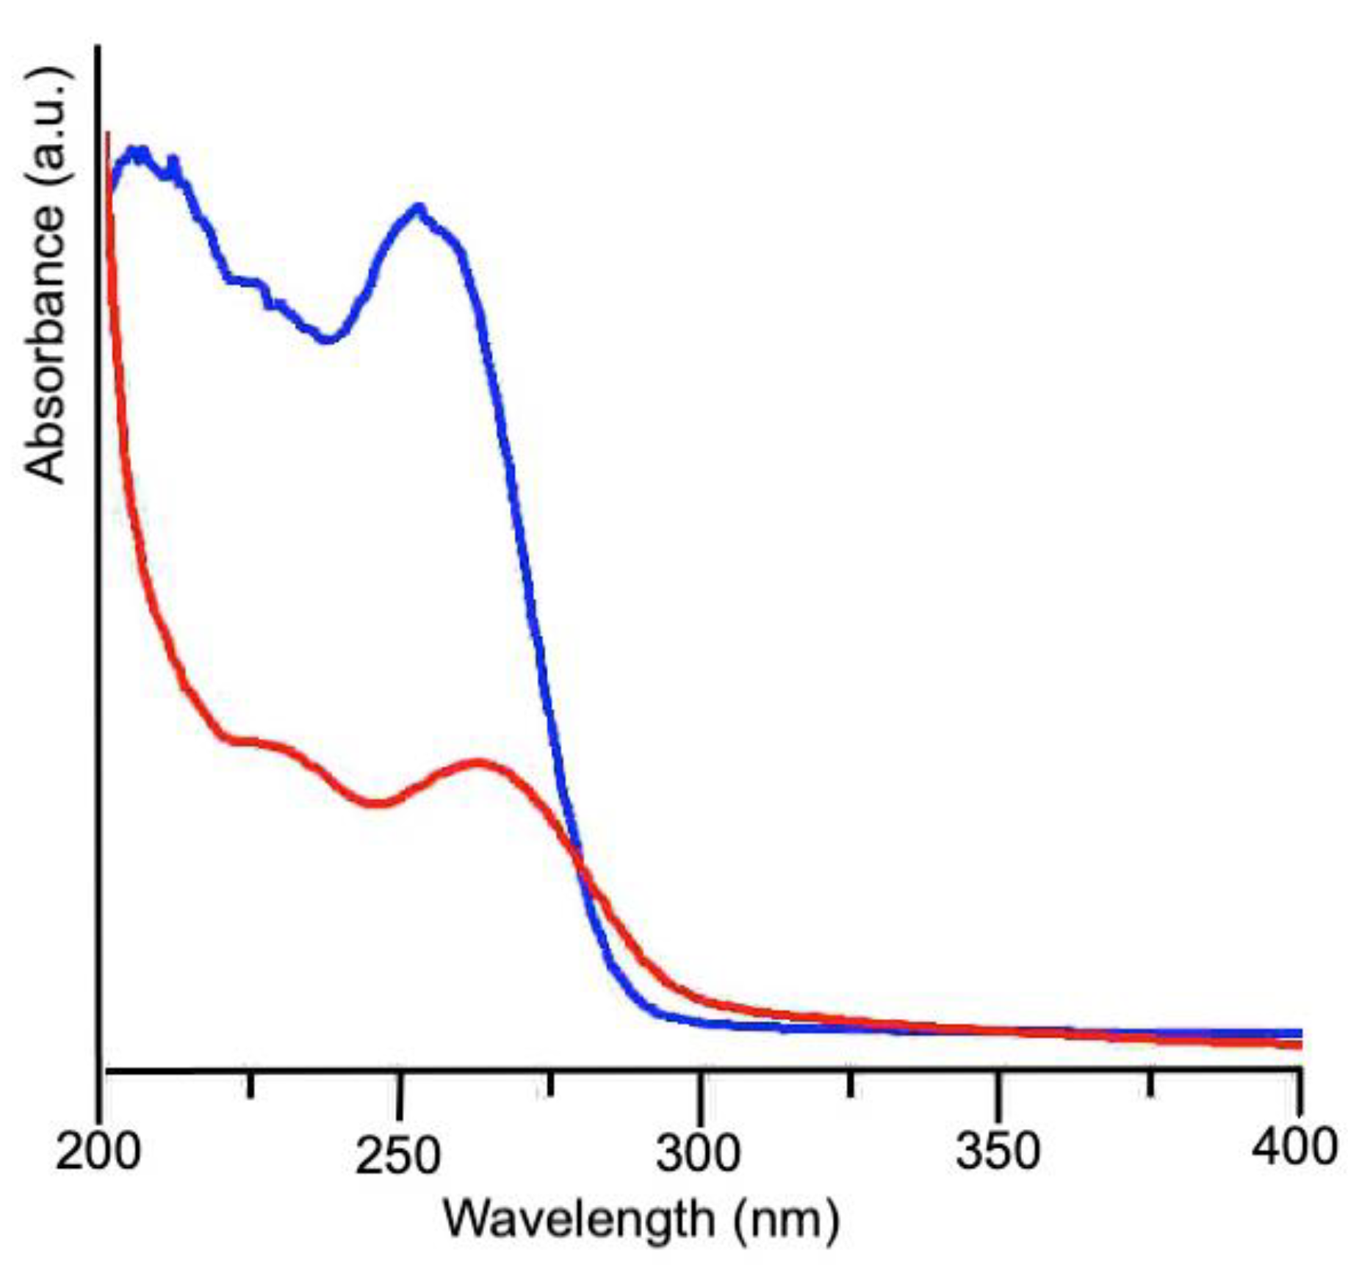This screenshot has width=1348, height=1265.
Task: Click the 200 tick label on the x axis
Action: (98, 1152)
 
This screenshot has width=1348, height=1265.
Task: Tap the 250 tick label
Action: (397, 1156)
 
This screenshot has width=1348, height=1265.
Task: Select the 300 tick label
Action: (698, 1153)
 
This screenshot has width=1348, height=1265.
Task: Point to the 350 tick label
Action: (998, 1152)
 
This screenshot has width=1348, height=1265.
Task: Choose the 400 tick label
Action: (1294, 1147)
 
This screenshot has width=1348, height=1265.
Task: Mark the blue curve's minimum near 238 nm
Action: (328, 339)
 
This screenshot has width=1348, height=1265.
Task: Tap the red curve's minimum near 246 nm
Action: (375, 802)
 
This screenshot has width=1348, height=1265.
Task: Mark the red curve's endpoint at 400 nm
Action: (1300, 1045)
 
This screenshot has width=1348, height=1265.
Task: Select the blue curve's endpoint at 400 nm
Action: (1300, 1033)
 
